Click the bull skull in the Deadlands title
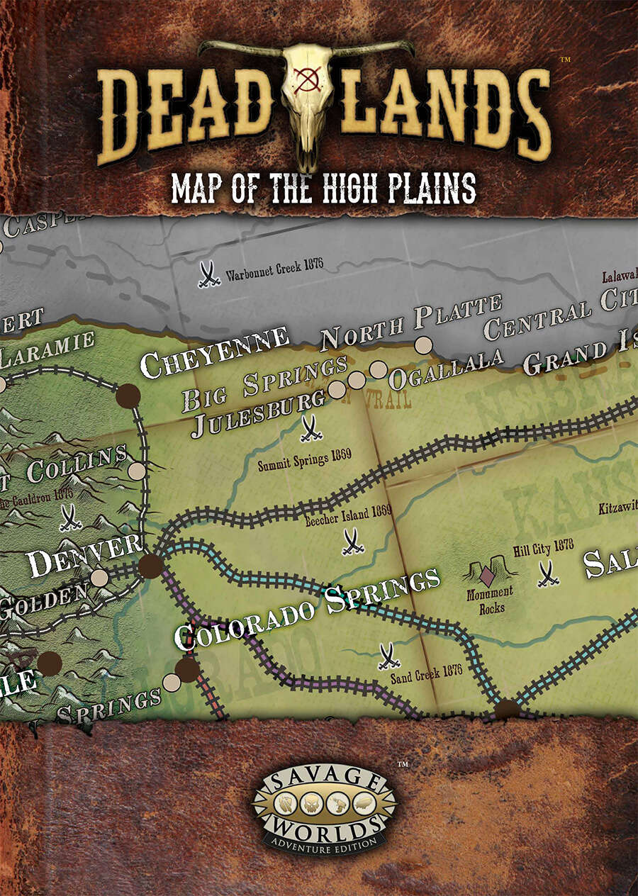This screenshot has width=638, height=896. tap(306, 92)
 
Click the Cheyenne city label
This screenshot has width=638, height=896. tap(214, 352)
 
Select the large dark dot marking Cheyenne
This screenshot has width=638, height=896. tap(128, 396)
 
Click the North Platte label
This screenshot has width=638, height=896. tap(411, 323)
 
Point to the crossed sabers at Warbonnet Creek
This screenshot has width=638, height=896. tap(208, 275)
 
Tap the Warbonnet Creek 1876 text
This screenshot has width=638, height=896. tap(274, 271)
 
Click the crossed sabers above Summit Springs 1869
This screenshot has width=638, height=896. tap(310, 428)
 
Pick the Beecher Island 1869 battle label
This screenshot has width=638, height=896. tap(349, 518)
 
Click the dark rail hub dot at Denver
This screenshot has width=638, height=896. tap(150, 566)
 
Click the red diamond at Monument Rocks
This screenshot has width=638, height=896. tap(488, 572)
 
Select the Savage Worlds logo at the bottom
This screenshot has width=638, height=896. tap(325, 809)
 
